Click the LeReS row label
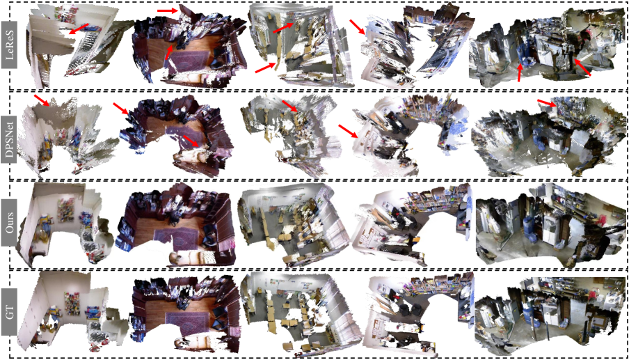click(9, 47)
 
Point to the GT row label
click(9, 312)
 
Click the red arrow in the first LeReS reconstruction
click(78, 29)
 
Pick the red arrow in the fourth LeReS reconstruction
click(357, 27)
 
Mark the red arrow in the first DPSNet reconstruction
click(42, 100)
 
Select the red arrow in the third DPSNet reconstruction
click(290, 106)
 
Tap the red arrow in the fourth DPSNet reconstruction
click(348, 131)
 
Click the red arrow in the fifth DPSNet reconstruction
click(547, 103)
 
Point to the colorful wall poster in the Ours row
click(66, 211)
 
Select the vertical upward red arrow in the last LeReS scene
click(520, 73)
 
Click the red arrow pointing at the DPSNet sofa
click(191, 141)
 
